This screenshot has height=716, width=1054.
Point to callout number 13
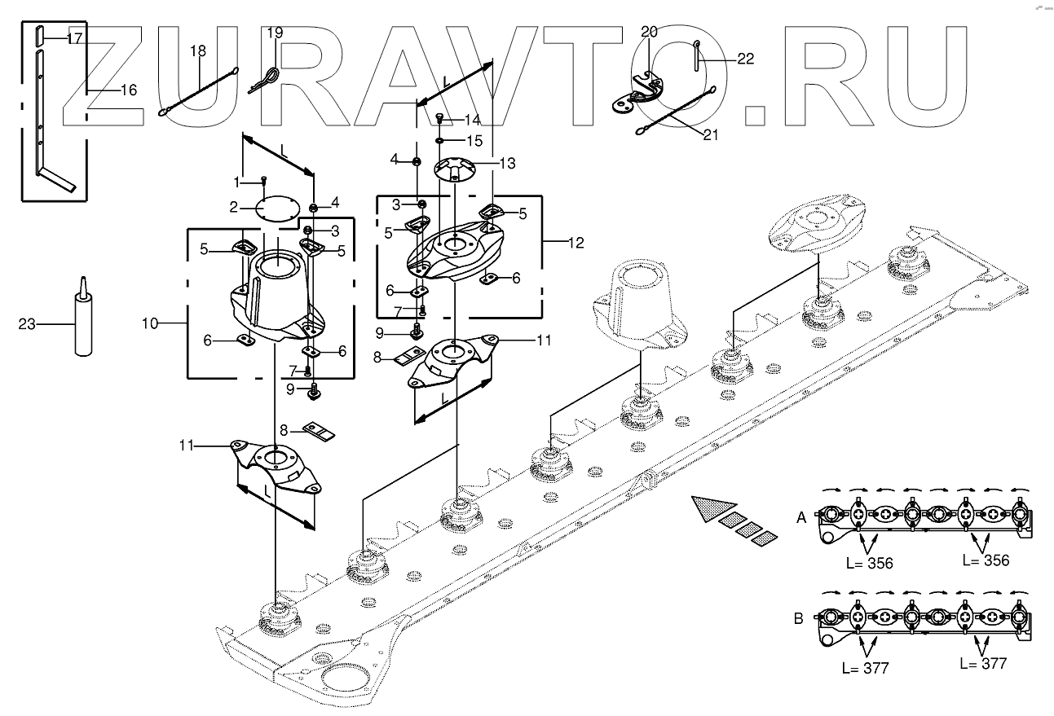coord(506,164)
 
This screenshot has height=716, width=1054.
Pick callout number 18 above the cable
coord(198,51)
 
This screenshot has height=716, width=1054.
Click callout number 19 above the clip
coord(275,33)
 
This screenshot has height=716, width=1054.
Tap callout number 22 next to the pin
coord(744,59)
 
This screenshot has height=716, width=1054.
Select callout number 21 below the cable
coord(710,135)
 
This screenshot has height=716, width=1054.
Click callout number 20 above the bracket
coord(649,32)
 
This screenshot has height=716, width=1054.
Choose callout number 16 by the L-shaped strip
coord(128,90)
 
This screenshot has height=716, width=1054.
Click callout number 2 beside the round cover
coord(233,207)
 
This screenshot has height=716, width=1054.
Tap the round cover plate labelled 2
coord(275,207)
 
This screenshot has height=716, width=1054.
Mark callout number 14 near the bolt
coord(472,119)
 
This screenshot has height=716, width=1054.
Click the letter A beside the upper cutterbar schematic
coord(801,516)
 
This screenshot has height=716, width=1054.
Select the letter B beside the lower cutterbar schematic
coord(799,617)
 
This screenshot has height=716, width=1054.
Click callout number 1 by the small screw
coord(237,179)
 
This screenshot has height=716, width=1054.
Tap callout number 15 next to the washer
coord(473,140)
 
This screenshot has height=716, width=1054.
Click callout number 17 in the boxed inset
coord(74,38)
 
